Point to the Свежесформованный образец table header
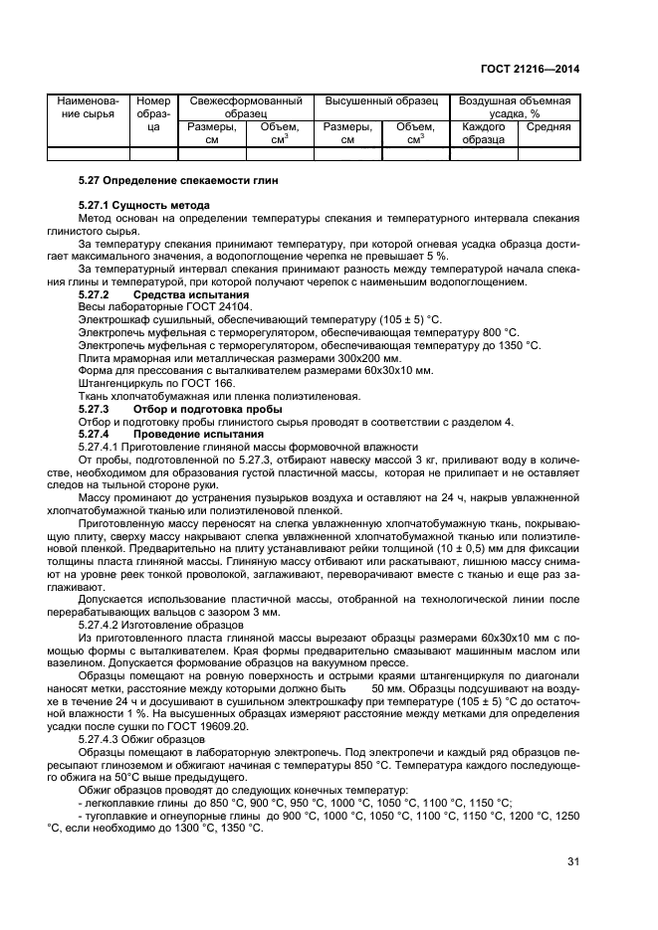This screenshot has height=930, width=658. click(x=246, y=107)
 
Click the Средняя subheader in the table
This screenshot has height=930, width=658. click(x=548, y=127)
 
